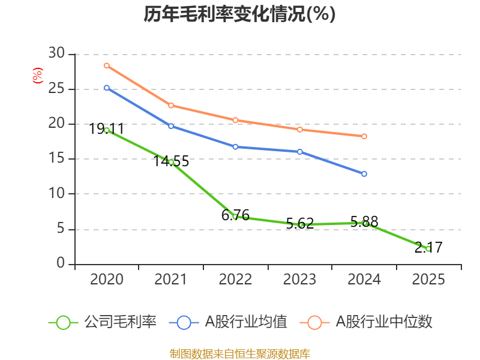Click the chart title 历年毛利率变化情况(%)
pyautogui.click(x=239, y=14)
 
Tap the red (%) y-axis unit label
pyautogui.click(x=38, y=76)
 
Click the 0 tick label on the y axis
pyautogui.click(x=61, y=263)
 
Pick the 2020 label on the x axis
pyautogui.click(x=106, y=280)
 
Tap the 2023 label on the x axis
pyautogui.click(x=299, y=280)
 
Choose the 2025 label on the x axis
pyautogui.click(x=428, y=280)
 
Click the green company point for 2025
pyautogui.click(x=428, y=248)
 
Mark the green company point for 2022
pyautogui.click(x=235, y=217)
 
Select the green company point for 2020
pyautogui.click(x=107, y=130)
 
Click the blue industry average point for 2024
pyautogui.click(x=364, y=174)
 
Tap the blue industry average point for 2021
pyautogui.click(x=171, y=126)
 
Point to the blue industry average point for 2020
pyautogui.click(x=107, y=88)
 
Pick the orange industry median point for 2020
pyautogui.click(x=107, y=65)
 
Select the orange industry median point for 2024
pyautogui.click(x=364, y=136)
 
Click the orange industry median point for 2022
pyautogui.click(x=235, y=120)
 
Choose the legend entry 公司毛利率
pyautogui.click(x=103, y=322)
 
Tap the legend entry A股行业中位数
pyautogui.click(x=370, y=322)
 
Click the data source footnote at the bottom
pyautogui.click(x=239, y=353)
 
